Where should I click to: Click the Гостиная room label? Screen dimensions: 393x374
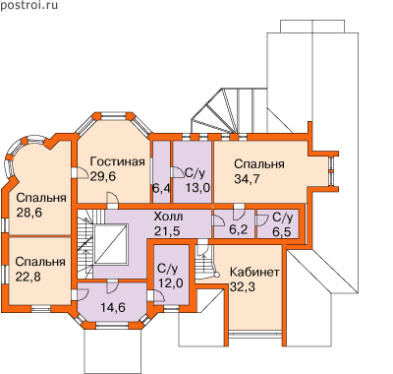[118, 161]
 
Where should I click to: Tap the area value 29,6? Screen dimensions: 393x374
[103, 176]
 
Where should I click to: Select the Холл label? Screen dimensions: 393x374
[168, 217]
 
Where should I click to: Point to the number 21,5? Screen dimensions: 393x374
[167, 231]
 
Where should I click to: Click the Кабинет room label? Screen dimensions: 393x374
[254, 272]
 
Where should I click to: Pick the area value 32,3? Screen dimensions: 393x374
[243, 286]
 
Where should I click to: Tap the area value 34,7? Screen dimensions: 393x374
[248, 178]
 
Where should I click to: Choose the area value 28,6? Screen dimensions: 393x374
[29, 213]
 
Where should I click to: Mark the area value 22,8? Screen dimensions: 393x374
[28, 277]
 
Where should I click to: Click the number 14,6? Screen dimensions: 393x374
[113, 308]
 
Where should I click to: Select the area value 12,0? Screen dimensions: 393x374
[171, 282]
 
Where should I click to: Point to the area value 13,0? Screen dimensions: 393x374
[197, 188]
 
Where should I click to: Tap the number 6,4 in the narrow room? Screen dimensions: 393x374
[162, 189]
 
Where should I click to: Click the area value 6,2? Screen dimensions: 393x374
[238, 230]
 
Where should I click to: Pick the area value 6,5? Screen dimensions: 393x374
[281, 231]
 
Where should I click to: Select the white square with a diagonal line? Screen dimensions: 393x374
[111, 244]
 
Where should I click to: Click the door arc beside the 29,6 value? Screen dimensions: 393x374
[84, 172]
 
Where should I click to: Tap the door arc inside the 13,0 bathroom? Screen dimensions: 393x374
[178, 172]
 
